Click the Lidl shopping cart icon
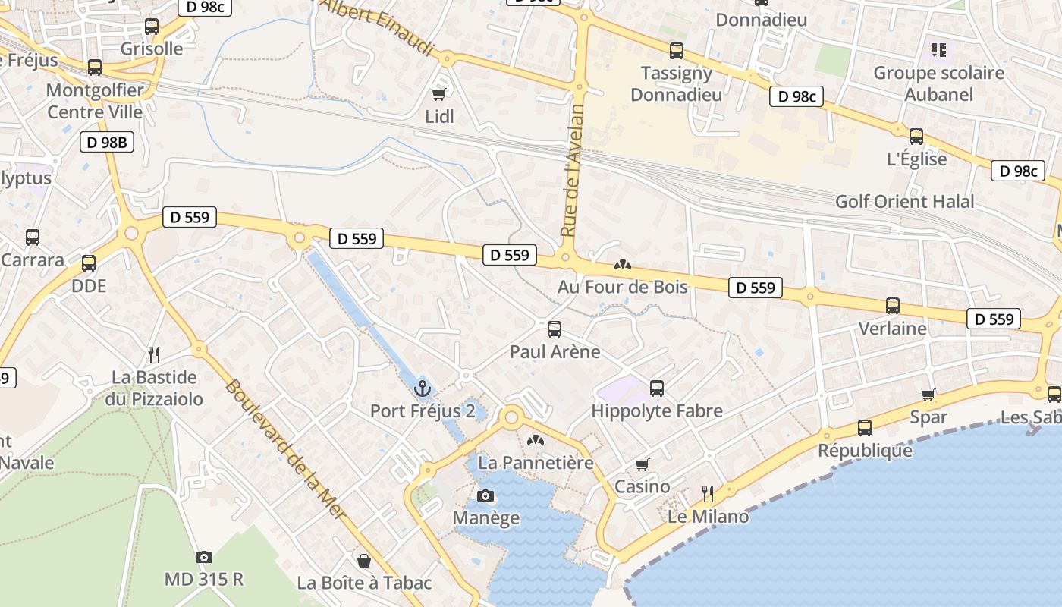point(438,94)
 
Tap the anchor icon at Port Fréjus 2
point(423,388)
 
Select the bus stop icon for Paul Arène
point(555,329)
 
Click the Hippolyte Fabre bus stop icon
point(657,388)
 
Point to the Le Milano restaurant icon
point(708,495)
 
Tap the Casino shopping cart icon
point(643,464)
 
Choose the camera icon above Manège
point(485,496)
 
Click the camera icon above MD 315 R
point(203,557)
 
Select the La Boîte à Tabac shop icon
point(364,561)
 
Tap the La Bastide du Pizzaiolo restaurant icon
point(154,354)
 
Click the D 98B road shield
point(107,141)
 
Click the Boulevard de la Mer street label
point(285,449)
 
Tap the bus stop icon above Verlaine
point(893,306)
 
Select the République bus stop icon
point(865,428)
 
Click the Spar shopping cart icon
point(928,395)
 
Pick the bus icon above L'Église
point(916,137)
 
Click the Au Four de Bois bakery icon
point(623,265)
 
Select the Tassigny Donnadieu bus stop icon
point(677,51)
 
